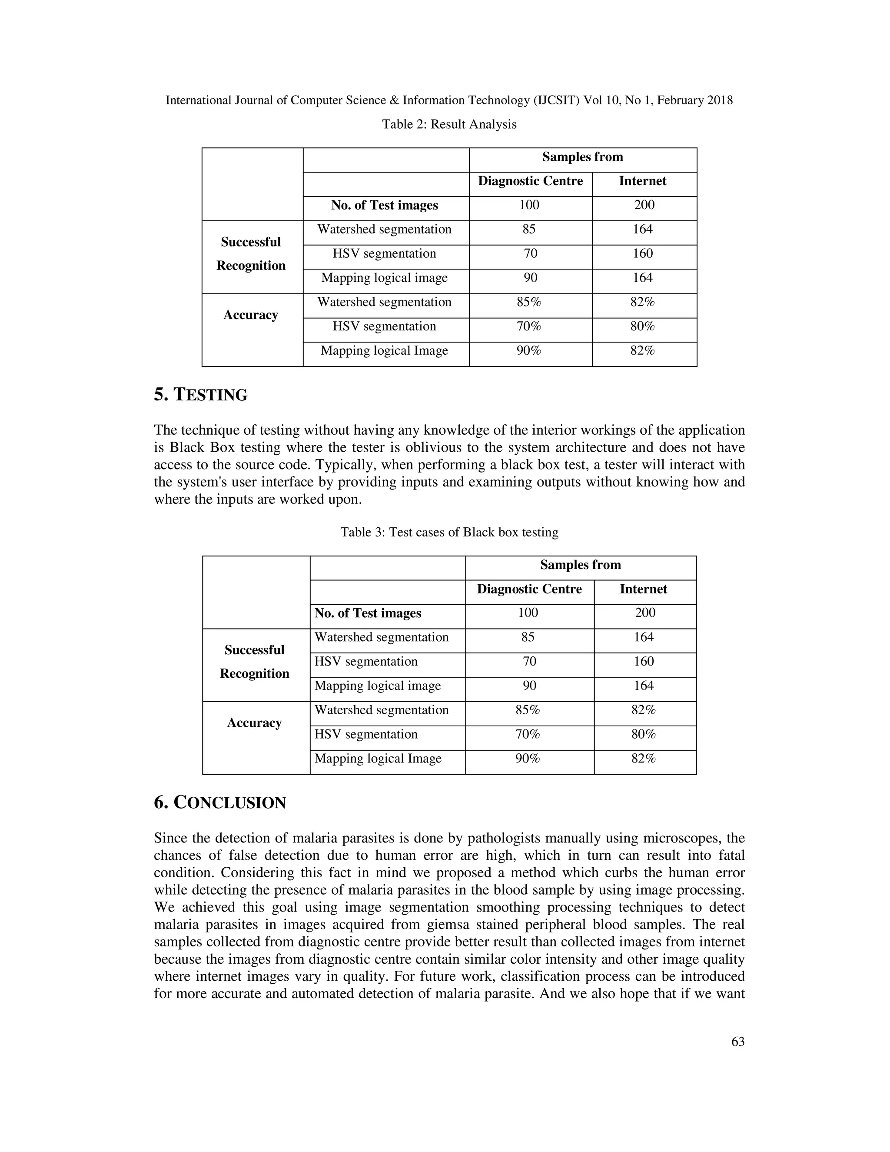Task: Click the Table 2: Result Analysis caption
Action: pos(449,124)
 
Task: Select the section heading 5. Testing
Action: pos(201,395)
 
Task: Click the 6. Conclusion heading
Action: pos(220,803)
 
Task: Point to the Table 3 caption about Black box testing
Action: pos(449,532)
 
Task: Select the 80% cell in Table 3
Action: pos(644,734)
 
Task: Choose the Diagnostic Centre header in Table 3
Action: pos(529,589)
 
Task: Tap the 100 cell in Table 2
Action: pos(529,205)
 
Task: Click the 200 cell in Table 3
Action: pos(645,613)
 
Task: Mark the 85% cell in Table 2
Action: pos(529,302)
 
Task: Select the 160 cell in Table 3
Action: pos(644,662)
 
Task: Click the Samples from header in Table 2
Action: pos(583,156)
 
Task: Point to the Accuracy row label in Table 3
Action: pos(255,722)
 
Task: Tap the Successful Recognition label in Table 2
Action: pos(251,254)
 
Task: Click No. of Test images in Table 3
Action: pos(368,613)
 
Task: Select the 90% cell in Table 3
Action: pos(528,759)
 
